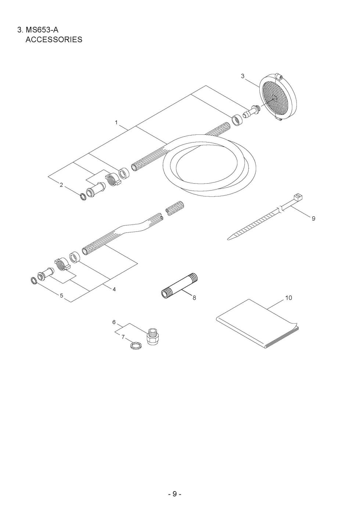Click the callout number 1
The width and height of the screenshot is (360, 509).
pos(116,123)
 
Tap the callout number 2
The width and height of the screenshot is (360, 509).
pos(61,185)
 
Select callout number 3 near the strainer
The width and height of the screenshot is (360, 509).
pos(243,76)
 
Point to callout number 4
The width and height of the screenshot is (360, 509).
pos(114,289)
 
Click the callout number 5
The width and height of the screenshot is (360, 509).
pos(62,296)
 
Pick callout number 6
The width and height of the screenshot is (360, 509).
pos(114,322)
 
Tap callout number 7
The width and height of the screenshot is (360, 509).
pos(123,337)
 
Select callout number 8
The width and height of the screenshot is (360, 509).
pos(194,298)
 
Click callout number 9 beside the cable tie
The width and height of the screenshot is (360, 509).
pos(314,219)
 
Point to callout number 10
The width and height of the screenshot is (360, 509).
pos(288,298)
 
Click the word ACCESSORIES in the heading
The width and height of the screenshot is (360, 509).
pos(54,40)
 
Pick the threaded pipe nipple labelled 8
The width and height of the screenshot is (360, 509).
pos(179,285)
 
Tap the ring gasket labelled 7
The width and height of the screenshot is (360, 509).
pos(135,346)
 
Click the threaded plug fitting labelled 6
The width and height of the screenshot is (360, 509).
pos(153,337)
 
